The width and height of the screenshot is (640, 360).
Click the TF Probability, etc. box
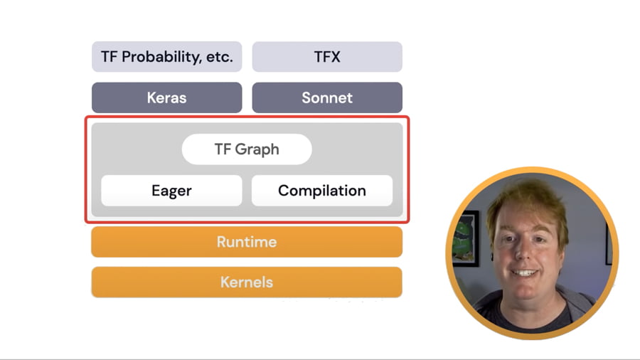(x=166, y=57)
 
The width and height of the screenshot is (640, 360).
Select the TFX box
(x=327, y=57)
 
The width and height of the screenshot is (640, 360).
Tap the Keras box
(x=166, y=97)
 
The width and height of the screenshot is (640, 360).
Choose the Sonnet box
(x=327, y=97)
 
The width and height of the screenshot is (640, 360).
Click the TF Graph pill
(x=246, y=149)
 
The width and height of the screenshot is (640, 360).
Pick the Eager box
(x=171, y=191)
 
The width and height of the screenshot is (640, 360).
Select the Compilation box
(x=321, y=191)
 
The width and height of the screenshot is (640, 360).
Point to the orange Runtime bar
(x=246, y=242)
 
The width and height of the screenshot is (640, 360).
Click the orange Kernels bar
(x=246, y=282)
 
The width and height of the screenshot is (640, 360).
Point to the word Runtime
(x=246, y=242)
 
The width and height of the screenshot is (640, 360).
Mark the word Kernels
(x=246, y=282)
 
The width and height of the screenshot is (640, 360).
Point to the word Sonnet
(x=327, y=97)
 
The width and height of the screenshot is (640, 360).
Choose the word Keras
(x=166, y=97)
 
